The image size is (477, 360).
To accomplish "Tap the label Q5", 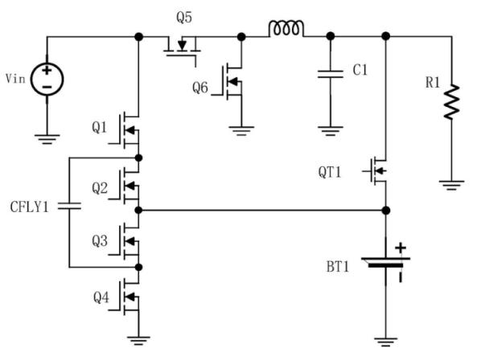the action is click(184, 18).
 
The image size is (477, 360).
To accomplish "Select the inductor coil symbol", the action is click(286, 29).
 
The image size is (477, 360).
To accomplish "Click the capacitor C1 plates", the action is click(331, 74).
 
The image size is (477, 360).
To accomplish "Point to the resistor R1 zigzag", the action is click(452, 102).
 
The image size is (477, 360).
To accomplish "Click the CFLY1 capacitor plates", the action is click(69, 207).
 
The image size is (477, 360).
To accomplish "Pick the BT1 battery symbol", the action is click(386, 262).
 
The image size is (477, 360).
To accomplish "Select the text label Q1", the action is click(100, 128).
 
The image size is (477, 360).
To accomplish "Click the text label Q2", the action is click(100, 188).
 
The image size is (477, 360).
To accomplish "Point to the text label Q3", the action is click(100, 241).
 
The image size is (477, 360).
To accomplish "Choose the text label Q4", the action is click(101, 297).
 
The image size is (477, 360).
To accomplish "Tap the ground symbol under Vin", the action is click(47, 139).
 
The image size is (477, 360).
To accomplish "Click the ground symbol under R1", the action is click(452, 185).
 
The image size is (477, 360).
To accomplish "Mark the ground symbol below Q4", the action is click(138, 341).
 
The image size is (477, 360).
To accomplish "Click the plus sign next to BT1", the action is click(401, 247).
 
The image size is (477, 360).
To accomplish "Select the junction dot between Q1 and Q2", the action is click(138, 158).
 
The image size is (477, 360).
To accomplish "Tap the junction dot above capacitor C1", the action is click(331, 36).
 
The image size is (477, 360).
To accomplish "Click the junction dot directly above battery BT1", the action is click(386, 211).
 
